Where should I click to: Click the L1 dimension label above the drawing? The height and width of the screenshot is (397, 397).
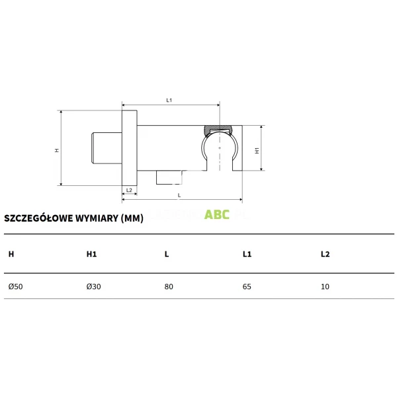(x=169, y=101)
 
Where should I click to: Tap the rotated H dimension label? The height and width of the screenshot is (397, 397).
(x=57, y=150)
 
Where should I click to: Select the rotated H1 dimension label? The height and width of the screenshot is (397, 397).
(x=257, y=151)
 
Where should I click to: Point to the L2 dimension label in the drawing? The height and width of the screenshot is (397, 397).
(x=129, y=190)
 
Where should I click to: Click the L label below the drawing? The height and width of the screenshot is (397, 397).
(x=179, y=195)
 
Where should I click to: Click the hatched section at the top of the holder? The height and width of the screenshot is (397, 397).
(x=219, y=128)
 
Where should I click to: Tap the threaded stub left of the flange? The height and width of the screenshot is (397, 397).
(x=107, y=148)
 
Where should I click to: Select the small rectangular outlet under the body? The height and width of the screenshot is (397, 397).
(x=169, y=177)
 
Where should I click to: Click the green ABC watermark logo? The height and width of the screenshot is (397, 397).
(x=217, y=214)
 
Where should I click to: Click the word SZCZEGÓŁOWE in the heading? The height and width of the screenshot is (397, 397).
(x=39, y=218)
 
